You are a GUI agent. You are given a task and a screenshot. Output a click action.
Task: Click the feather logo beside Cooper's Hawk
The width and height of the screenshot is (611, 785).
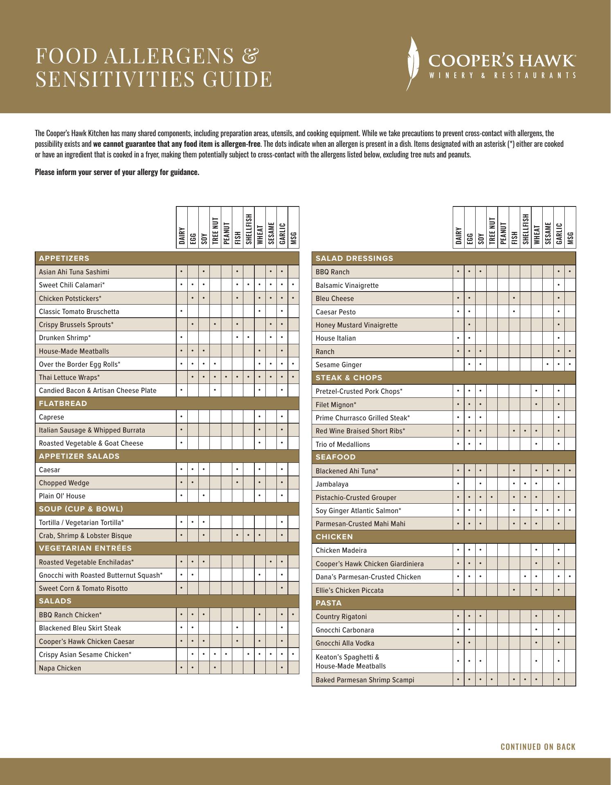pos(413,63)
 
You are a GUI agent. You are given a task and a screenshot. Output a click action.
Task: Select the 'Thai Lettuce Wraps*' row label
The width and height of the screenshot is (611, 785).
pos(69,377)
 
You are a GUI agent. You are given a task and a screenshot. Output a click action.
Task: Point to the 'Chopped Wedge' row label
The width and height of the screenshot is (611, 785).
pos(64,483)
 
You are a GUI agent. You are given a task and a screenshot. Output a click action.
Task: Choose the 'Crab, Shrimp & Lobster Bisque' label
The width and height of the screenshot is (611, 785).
pos(85,536)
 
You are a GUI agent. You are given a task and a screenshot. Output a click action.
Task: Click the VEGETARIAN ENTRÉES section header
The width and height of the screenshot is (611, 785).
pos(85,548)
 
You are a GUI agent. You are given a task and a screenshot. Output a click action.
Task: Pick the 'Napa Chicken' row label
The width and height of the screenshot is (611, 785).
pos(60,668)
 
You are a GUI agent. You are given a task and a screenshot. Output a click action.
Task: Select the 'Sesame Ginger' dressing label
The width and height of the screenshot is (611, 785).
pos(339,365)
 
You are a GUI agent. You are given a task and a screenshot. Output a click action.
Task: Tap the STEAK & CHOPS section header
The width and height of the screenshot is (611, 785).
pos(349,378)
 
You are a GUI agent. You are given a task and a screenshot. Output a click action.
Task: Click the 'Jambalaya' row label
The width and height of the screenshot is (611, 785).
pos(332,484)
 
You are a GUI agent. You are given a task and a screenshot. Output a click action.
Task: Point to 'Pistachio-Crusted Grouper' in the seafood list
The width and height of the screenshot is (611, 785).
pos(356,498)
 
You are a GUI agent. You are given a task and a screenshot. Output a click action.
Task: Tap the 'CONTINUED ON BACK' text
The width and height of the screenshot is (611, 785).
pos(538,747)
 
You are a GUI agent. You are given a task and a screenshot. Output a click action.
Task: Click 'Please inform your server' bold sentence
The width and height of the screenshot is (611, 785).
pos(117,172)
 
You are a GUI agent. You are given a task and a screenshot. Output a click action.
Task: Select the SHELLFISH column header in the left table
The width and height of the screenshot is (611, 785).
pos(248,228)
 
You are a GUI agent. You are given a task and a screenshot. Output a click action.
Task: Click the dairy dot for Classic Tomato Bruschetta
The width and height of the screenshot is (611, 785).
pos(181,312)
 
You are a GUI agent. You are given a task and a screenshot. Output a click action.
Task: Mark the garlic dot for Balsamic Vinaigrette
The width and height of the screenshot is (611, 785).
pos(559,285)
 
